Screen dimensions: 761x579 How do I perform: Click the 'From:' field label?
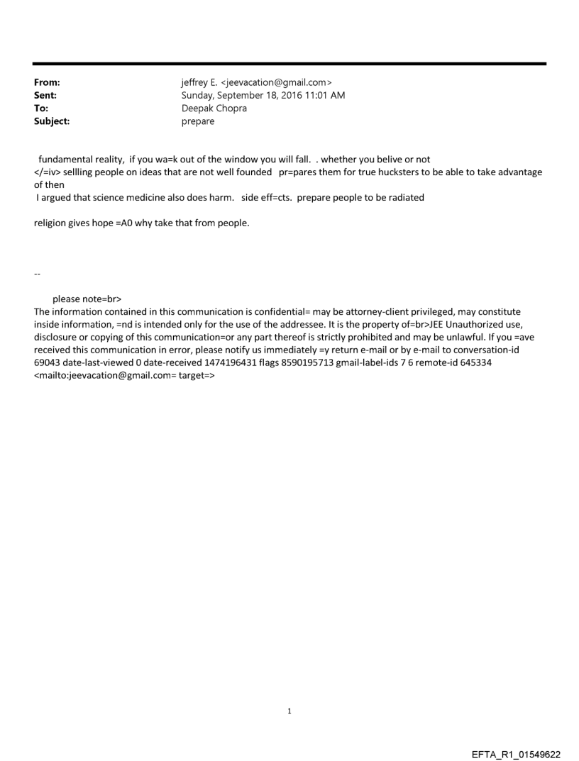(46, 83)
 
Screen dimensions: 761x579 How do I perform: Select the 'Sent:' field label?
(45, 96)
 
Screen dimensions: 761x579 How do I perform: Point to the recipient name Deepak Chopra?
(214, 109)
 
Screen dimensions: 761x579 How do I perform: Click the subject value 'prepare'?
(199, 121)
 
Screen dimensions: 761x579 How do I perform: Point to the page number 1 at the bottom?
(289, 711)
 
